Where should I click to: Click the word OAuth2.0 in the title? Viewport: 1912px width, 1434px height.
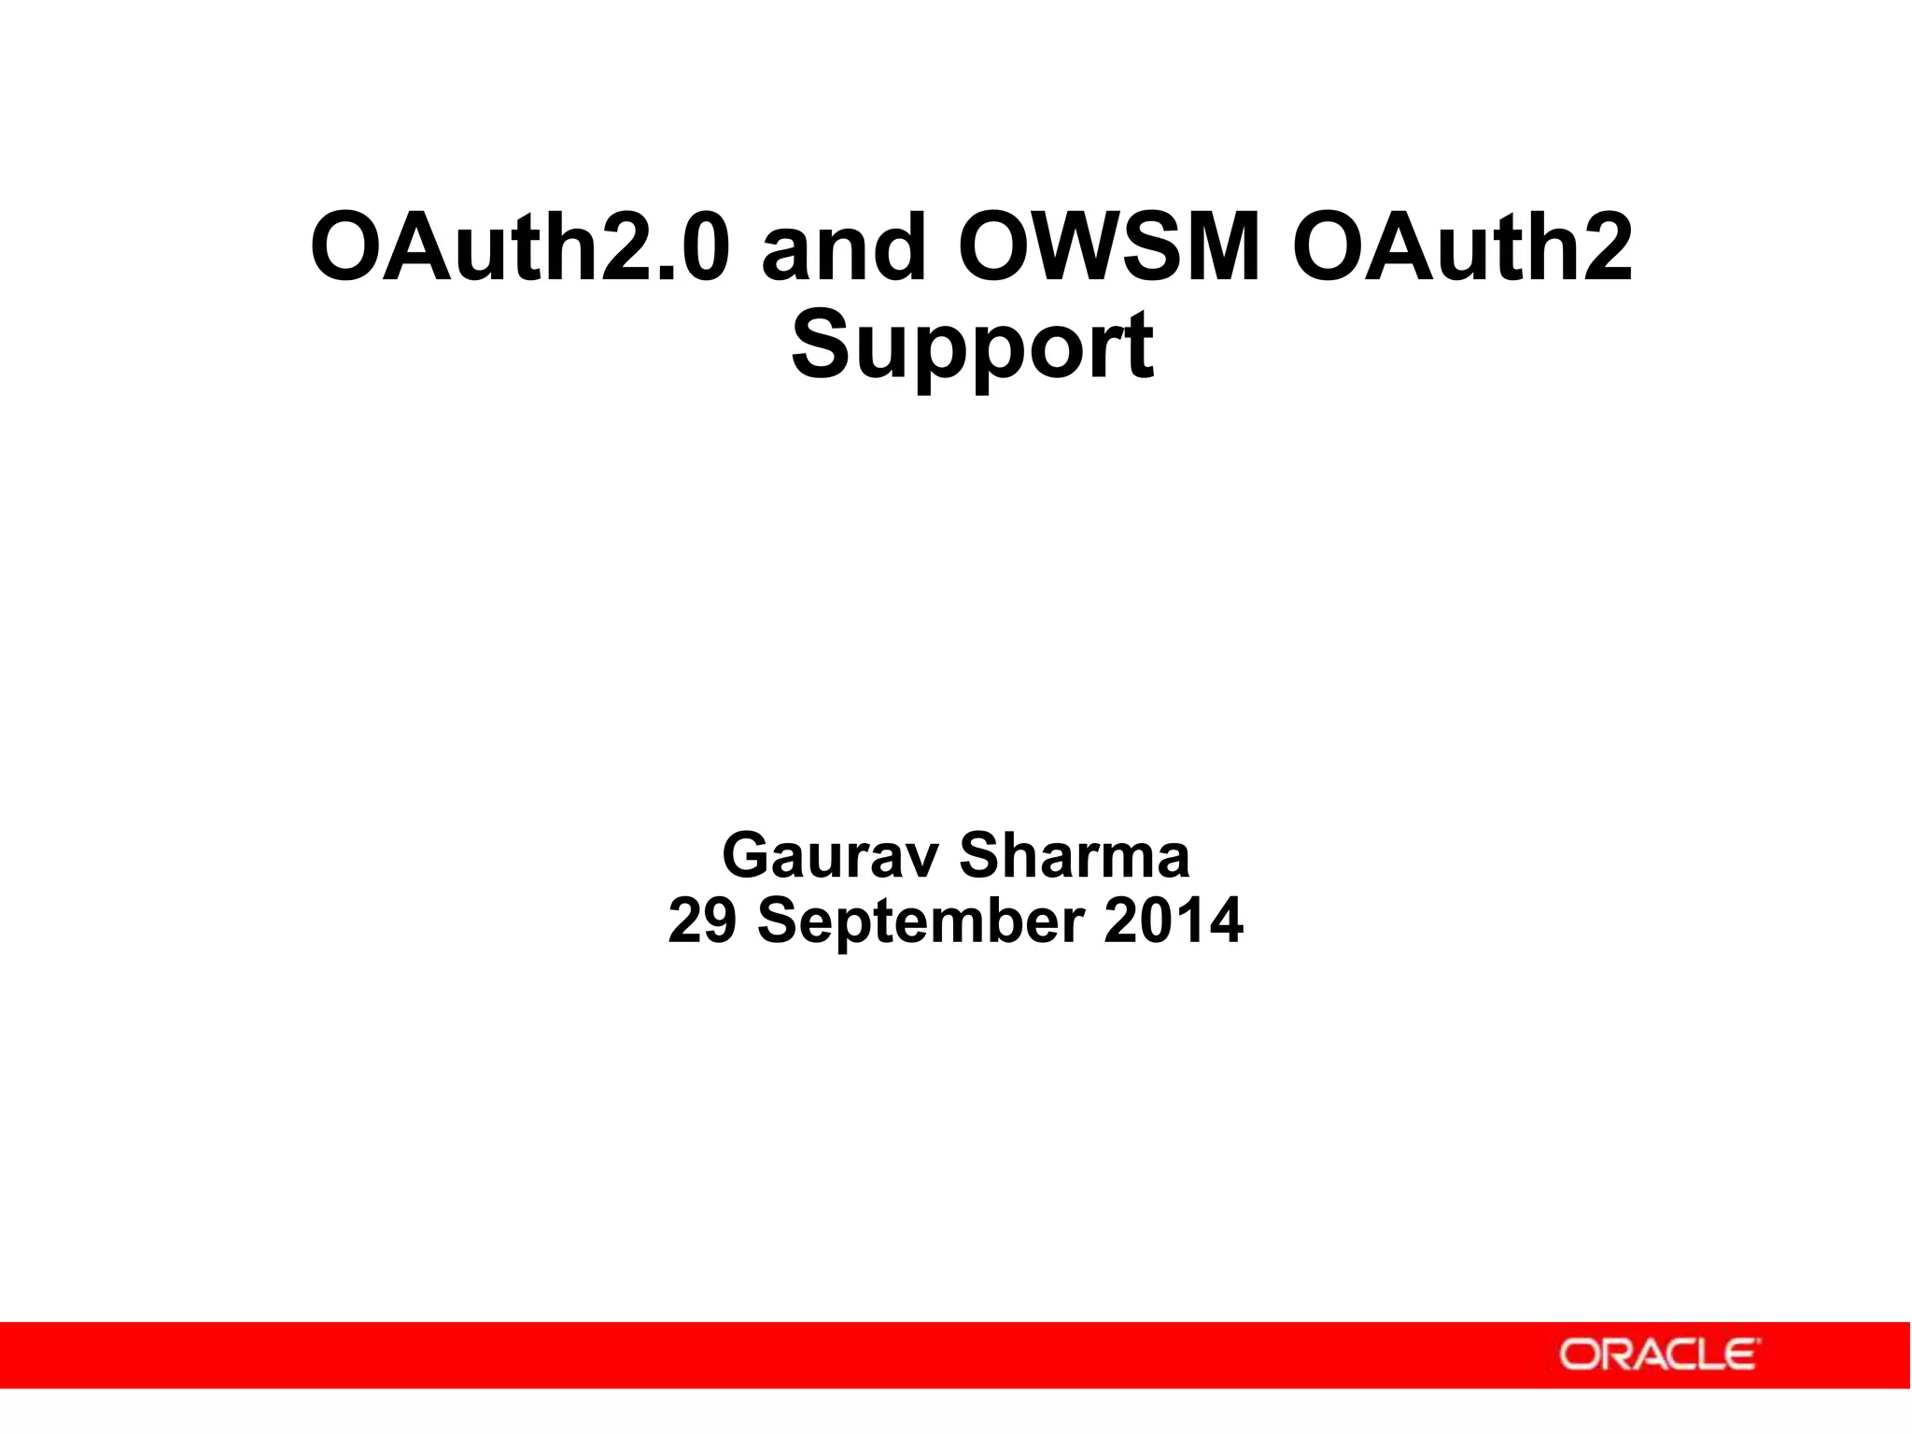(518, 248)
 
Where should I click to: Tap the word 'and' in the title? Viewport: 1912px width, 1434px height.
(844, 248)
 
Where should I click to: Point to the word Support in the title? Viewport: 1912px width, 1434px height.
(972, 347)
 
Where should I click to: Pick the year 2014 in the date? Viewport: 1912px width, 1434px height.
(1173, 921)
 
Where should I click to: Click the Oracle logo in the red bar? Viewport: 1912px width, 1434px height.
(1657, 1355)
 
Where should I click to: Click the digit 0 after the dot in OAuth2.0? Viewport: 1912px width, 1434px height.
(695, 248)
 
